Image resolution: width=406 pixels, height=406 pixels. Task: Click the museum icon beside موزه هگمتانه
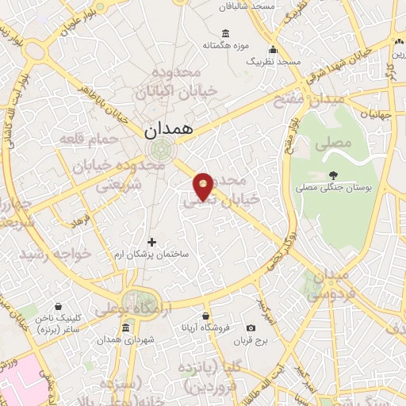point(226,33)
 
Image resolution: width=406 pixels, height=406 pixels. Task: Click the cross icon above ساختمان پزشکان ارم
point(152,242)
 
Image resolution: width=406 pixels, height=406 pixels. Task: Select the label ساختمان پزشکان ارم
point(152,254)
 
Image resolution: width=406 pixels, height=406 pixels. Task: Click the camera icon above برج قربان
point(251,328)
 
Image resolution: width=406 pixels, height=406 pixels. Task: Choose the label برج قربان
point(251,341)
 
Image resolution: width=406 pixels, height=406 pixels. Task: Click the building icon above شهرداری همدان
point(127,327)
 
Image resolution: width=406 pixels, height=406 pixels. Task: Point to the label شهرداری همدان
point(127,340)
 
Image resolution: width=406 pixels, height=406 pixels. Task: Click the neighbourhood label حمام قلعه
point(88,139)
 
